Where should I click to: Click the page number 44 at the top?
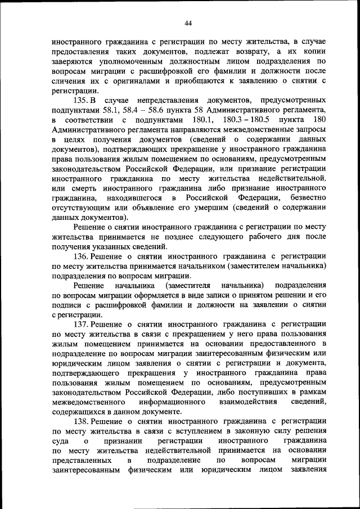click(x=188, y=23)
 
